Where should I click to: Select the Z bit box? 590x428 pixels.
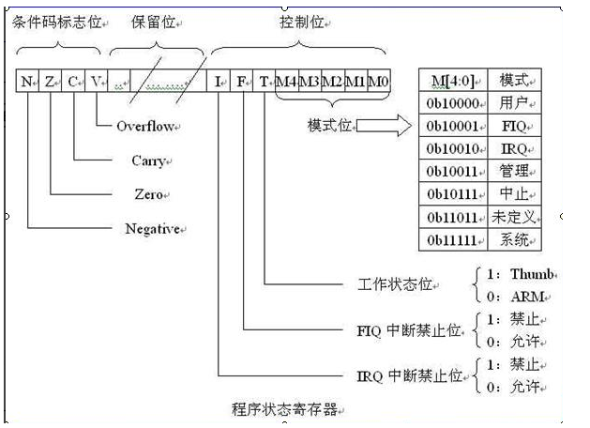pyautogui.click(x=51, y=82)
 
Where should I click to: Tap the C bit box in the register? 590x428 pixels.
pyautogui.click(x=73, y=82)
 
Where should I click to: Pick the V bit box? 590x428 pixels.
pyautogui.click(x=97, y=82)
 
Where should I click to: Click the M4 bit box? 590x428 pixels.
pyautogui.click(x=287, y=82)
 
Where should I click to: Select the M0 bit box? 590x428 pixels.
pyautogui.click(x=378, y=82)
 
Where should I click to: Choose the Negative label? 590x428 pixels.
pyautogui.click(x=153, y=229)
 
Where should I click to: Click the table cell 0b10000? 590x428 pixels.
pyautogui.click(x=452, y=100)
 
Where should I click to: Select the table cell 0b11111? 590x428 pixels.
pyautogui.click(x=452, y=240)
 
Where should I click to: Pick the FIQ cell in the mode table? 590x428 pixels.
pyautogui.click(x=515, y=124)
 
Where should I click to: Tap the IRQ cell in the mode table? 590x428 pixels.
pyautogui.click(x=515, y=147)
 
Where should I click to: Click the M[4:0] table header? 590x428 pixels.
pyautogui.click(x=452, y=79)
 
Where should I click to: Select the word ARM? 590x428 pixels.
pyautogui.click(x=526, y=297)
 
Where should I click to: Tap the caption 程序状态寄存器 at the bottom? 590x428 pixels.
pyautogui.click(x=283, y=409)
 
